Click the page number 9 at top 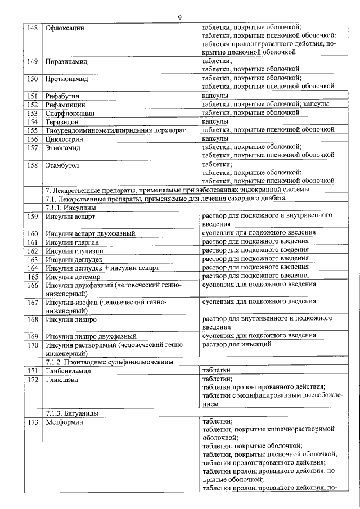(179, 17)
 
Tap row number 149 (33, 60)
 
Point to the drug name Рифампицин (66, 105)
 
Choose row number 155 (33, 130)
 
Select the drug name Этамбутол (63, 165)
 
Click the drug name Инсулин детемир (73, 277)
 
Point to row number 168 (33, 319)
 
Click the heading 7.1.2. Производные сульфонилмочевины (109, 362)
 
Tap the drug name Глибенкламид (69, 371)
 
